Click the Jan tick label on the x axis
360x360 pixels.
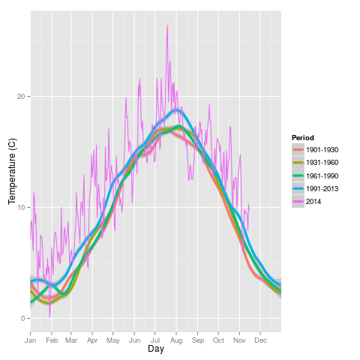point(31,340)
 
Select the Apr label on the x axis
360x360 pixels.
point(92,340)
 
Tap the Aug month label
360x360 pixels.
point(176,340)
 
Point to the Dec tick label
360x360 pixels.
point(260,340)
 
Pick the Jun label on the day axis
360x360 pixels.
point(134,340)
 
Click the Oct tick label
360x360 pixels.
point(218,340)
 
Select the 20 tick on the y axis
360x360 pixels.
point(21,97)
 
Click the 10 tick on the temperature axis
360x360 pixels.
point(21,208)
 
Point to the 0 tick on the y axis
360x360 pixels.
point(22,319)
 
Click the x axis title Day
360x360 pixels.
point(156,349)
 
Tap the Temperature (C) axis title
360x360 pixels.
point(12,171)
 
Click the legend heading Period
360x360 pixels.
point(303,138)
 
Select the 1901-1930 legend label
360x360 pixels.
point(322,150)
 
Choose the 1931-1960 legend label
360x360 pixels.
point(322,163)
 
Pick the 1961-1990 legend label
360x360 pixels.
point(322,175)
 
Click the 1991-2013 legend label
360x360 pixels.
point(322,189)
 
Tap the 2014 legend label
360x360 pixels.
point(313,202)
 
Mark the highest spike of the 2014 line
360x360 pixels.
point(167,25)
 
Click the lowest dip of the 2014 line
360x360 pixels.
point(49,317)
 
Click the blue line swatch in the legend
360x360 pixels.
point(298,189)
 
